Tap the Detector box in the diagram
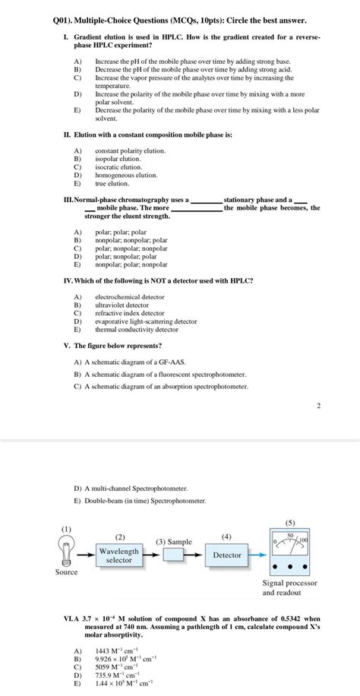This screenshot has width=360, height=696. click(226, 555)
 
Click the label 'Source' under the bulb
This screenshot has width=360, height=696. click(66, 572)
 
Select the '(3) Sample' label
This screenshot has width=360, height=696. click(174, 541)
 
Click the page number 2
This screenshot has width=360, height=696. click(318, 406)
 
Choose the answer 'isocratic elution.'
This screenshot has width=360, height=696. click(118, 167)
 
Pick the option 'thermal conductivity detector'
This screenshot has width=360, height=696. click(136, 330)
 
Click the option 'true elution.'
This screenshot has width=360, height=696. click(112, 183)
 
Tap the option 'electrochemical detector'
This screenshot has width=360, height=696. click(129, 296)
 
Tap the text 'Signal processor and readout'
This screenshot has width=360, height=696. click(289, 587)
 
